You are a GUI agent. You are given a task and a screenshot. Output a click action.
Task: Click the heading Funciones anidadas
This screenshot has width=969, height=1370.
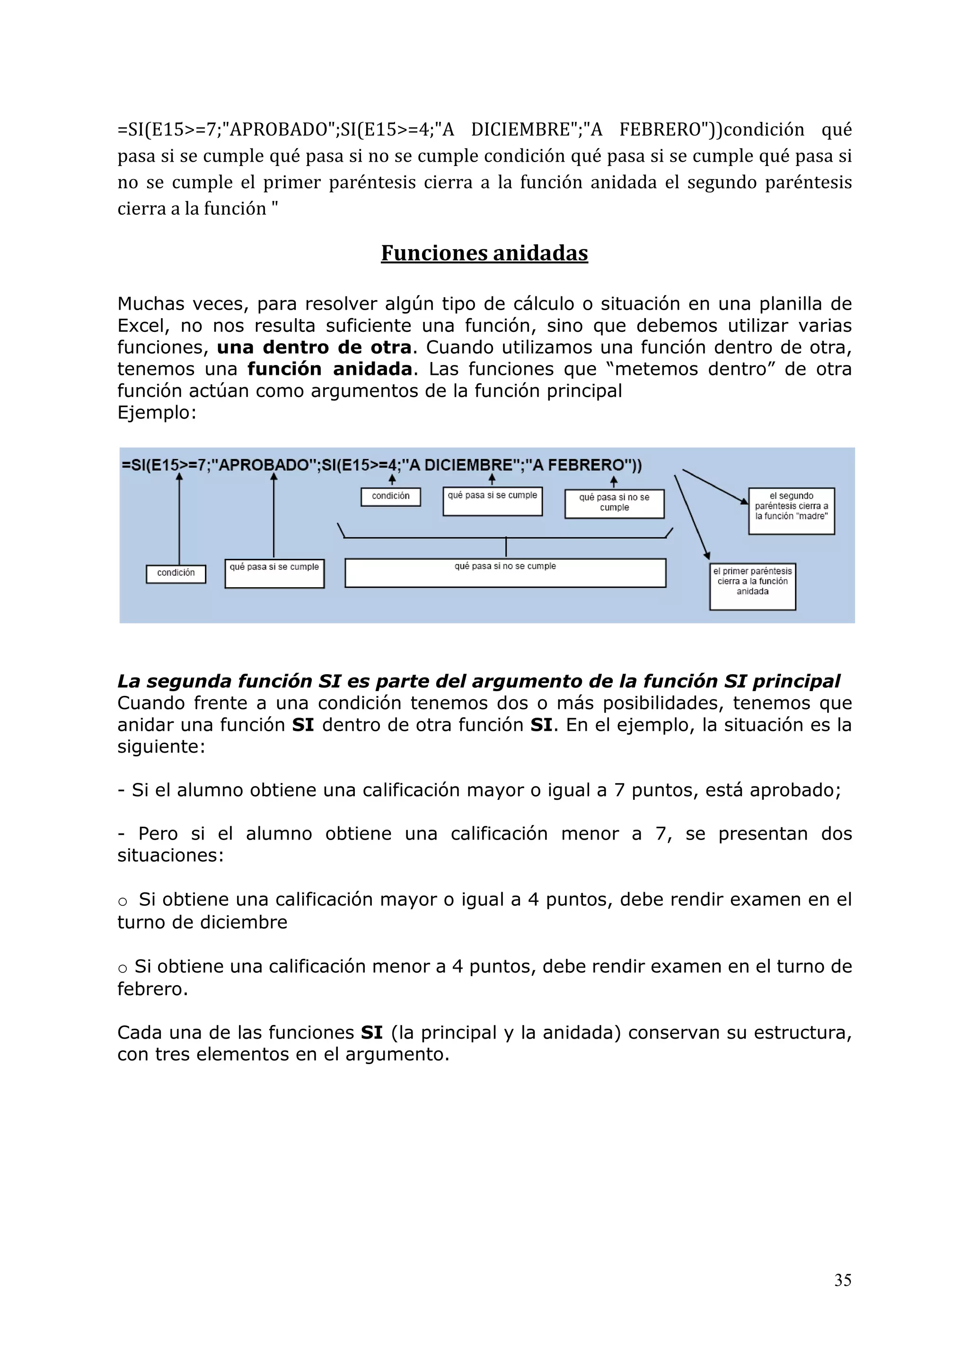pyautogui.click(x=484, y=253)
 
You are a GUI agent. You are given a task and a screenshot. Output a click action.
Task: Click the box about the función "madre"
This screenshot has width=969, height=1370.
pyautogui.click(x=791, y=511)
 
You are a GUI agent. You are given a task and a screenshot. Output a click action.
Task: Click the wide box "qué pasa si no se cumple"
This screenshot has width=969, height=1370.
pyautogui.click(x=505, y=573)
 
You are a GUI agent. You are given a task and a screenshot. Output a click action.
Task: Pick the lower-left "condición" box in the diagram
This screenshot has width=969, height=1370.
pyautogui.click(x=176, y=573)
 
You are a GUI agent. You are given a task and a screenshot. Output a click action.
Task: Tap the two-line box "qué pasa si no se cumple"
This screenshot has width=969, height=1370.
pyautogui.click(x=614, y=503)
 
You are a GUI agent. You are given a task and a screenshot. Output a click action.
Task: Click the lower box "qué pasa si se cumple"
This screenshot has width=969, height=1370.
pyautogui.click(x=274, y=573)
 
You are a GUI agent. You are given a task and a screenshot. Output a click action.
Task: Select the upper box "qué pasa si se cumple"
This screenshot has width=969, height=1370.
pyautogui.click(x=492, y=501)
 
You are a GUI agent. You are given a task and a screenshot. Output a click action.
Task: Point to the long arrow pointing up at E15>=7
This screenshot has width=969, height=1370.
pyautogui.click(x=179, y=519)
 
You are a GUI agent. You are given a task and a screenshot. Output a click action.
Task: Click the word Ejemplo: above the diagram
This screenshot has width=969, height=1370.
pyautogui.click(x=157, y=412)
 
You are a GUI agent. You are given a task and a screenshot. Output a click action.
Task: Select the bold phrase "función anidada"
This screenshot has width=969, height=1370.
pyautogui.click(x=330, y=369)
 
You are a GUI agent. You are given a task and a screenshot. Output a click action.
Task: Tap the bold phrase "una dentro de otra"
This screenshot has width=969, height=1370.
pyautogui.click(x=314, y=347)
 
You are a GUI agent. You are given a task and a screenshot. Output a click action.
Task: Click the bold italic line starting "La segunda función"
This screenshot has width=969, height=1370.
pyautogui.click(x=477, y=681)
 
